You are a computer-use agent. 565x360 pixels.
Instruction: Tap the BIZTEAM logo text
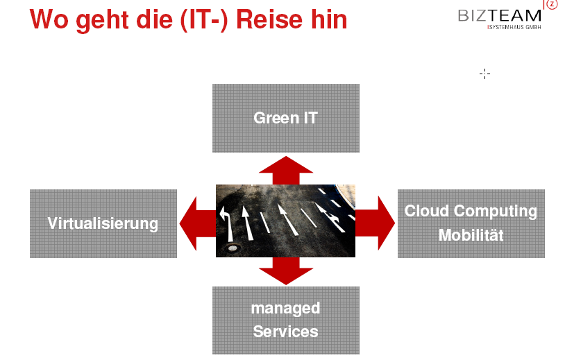[499, 15]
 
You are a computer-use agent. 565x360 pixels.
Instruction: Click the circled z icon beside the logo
[552, 4]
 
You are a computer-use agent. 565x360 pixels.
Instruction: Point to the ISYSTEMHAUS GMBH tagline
[514, 27]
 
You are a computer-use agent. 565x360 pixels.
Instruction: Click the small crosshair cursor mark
[484, 74]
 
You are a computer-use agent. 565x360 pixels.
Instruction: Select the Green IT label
[285, 117]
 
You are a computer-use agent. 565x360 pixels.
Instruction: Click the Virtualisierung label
[103, 223]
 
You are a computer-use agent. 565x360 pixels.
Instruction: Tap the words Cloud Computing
[471, 211]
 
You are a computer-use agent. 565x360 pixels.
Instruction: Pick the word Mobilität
[471, 235]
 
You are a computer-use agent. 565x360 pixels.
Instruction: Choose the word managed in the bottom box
[285, 307]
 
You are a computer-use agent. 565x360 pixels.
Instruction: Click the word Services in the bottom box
[285, 331]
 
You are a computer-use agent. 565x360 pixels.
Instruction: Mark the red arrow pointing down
[285, 271]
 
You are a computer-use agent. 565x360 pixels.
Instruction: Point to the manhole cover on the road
[231, 248]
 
